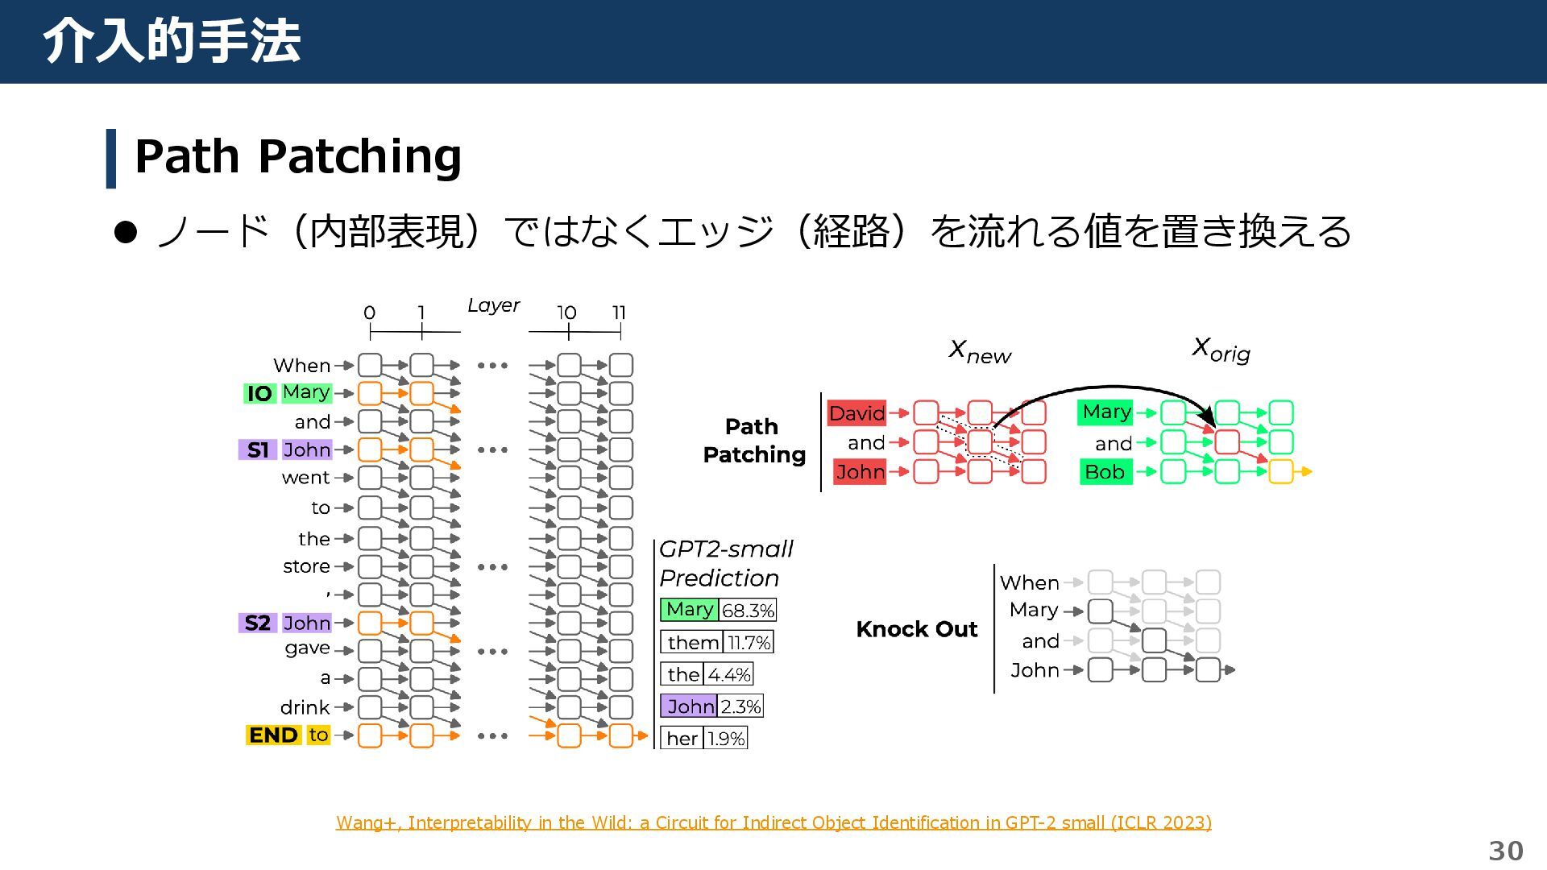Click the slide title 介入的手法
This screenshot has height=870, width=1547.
[x=172, y=42]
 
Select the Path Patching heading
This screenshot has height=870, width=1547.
[x=297, y=156]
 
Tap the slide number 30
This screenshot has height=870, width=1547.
[x=1505, y=851]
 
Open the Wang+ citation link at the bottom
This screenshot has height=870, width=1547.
[x=773, y=822]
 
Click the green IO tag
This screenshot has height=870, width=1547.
[x=259, y=393]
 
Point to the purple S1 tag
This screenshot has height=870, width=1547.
[x=258, y=449]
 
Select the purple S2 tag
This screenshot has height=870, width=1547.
[x=258, y=623]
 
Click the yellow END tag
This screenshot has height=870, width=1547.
[x=274, y=735]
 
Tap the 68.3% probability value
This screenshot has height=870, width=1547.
[x=748, y=611]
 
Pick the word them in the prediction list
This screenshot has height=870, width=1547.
[x=693, y=643]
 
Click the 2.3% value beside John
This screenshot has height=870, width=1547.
[x=740, y=706]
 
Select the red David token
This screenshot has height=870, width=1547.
[x=856, y=413]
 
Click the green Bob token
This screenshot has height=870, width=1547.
[x=1105, y=472]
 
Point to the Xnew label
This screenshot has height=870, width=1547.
[x=980, y=351]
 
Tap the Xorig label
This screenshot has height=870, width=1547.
[x=1221, y=350]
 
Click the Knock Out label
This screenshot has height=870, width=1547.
[x=916, y=629]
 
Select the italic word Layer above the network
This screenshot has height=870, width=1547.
[x=493, y=306]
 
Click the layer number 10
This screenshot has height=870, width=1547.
[x=566, y=313]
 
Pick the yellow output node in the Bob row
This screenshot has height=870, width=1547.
[x=1280, y=471]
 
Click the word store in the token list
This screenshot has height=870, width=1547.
[x=306, y=566]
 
